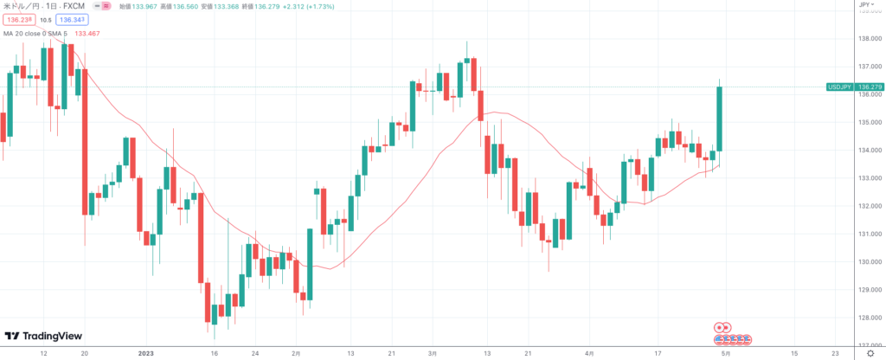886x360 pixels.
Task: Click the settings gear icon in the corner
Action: pos(867,353)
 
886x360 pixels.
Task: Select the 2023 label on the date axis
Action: pos(145,353)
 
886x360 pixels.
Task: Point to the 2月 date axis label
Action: pos(297,353)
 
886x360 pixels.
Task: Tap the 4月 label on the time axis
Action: pos(589,353)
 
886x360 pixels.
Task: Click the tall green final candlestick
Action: pos(718,118)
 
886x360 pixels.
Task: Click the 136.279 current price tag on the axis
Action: pos(870,87)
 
